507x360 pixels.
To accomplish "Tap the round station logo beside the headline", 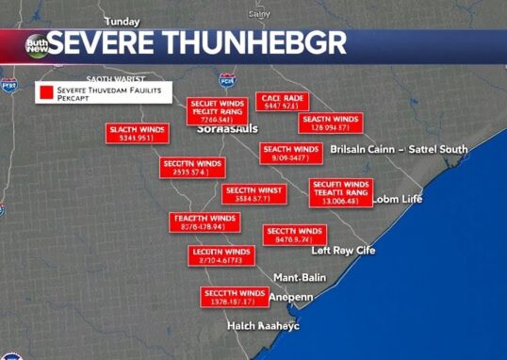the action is click(39, 44).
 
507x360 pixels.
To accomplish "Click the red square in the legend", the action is click(45, 92).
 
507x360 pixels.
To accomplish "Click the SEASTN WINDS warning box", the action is click(331, 123).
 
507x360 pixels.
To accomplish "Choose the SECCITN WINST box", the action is click(252, 194).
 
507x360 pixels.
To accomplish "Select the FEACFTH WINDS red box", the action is click(203, 222).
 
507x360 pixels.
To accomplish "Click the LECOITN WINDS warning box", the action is click(221, 256).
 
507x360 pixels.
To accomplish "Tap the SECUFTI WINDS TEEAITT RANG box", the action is click(340, 192).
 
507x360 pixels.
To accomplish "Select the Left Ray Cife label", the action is click(344, 250).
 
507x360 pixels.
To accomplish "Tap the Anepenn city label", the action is click(292, 297).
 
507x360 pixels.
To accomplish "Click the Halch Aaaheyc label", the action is click(263, 325).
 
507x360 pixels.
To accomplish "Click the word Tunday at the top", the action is click(122, 21).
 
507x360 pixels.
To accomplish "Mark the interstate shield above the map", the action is click(226, 80).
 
